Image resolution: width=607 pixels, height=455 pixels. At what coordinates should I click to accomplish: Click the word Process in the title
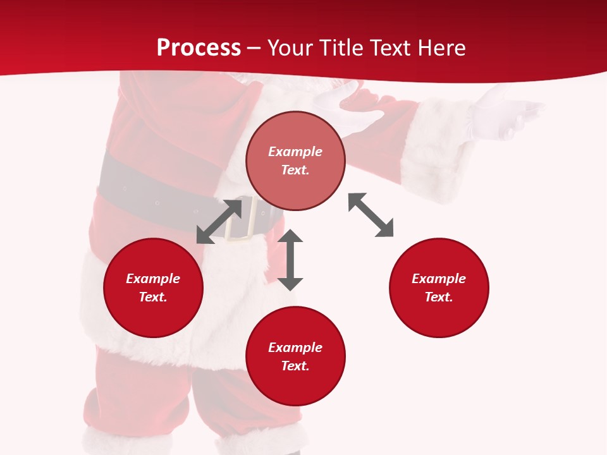[x=199, y=48]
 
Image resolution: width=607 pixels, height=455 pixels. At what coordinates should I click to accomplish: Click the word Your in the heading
[x=290, y=48]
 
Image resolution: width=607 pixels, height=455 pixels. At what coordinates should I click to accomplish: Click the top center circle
[x=295, y=161]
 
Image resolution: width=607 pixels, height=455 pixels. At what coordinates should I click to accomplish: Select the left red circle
[x=153, y=288]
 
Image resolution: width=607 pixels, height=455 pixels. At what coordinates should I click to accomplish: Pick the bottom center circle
[x=295, y=356]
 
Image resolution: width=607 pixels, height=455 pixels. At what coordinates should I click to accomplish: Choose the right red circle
[x=439, y=288]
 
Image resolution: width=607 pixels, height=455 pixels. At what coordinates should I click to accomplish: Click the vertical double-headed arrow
[x=290, y=260]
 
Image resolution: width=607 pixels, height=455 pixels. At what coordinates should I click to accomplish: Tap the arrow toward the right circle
[x=371, y=215]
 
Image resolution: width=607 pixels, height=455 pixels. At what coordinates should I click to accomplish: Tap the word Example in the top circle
[x=295, y=152]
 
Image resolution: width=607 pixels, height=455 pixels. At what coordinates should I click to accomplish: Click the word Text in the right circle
[x=439, y=297]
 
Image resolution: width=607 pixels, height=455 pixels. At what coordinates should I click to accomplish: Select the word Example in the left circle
[x=153, y=279]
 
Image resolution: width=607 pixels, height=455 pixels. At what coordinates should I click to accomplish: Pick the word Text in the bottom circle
[x=295, y=366]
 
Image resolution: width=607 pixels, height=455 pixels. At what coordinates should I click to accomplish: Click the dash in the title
[x=254, y=48]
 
